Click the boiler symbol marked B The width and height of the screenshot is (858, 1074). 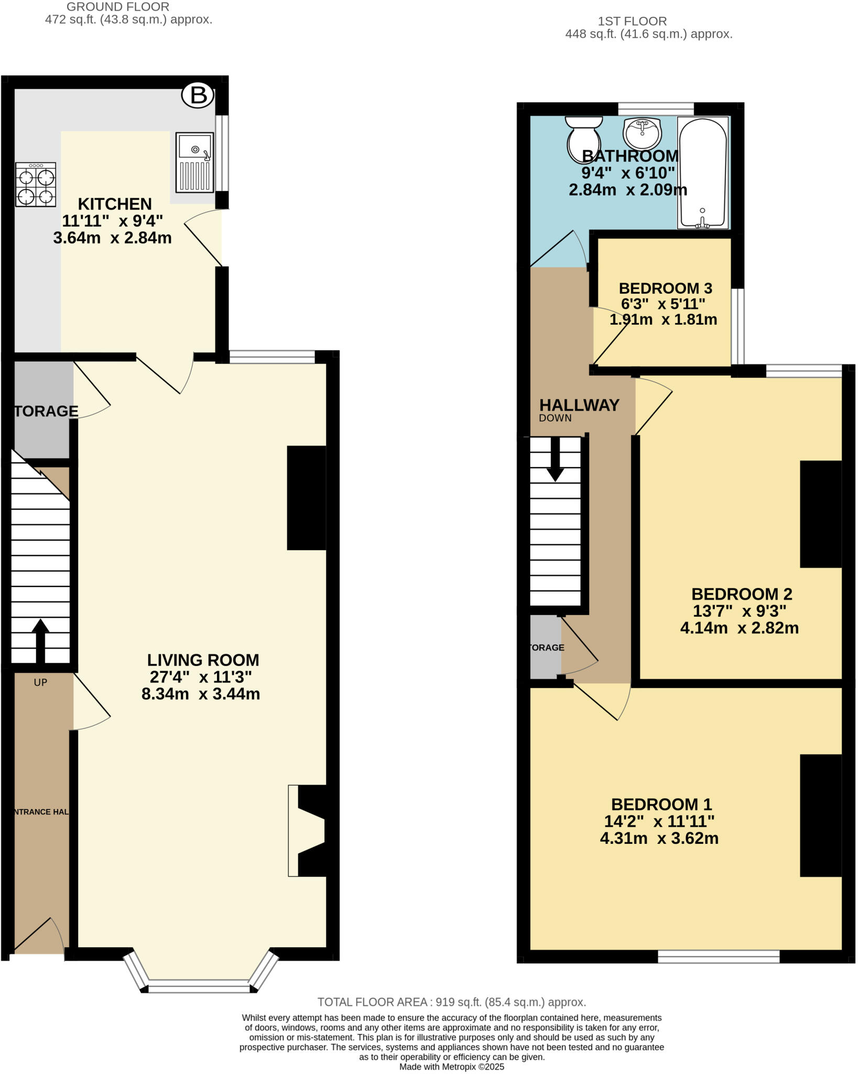(x=198, y=95)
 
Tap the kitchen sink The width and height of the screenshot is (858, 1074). (x=195, y=162)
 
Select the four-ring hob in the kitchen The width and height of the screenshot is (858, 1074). (x=36, y=184)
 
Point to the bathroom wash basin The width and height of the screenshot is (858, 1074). (x=642, y=133)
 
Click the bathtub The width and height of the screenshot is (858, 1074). (x=702, y=173)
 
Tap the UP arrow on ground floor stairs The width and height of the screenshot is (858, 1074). (x=40, y=641)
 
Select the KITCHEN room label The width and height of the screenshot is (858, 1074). (x=115, y=203)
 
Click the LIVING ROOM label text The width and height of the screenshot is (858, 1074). (x=203, y=660)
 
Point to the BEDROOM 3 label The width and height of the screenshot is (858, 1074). (x=665, y=288)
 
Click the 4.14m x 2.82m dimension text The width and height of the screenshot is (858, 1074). (x=739, y=628)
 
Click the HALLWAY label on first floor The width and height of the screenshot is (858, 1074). (x=579, y=405)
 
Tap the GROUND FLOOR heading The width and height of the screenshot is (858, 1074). (x=118, y=7)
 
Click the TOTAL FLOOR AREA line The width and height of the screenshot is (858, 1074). (x=451, y=1002)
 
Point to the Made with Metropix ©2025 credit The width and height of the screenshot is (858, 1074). (x=451, y=1067)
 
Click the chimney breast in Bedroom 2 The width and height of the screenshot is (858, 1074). (x=820, y=514)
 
